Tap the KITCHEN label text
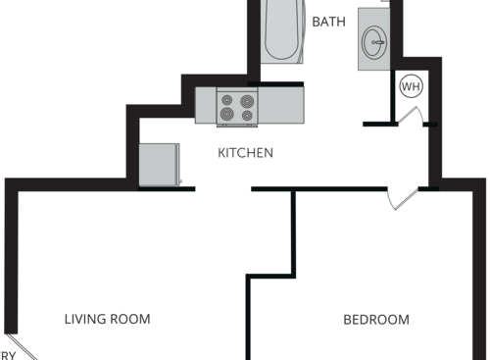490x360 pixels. pos(245,153)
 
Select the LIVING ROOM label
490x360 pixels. pos(108,319)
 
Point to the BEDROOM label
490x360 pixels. pos(376,319)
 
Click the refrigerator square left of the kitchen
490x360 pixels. pos(159,165)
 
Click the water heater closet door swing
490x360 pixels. pos(410,117)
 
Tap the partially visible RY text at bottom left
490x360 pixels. pos(8,354)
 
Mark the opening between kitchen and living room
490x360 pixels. pos(223,188)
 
